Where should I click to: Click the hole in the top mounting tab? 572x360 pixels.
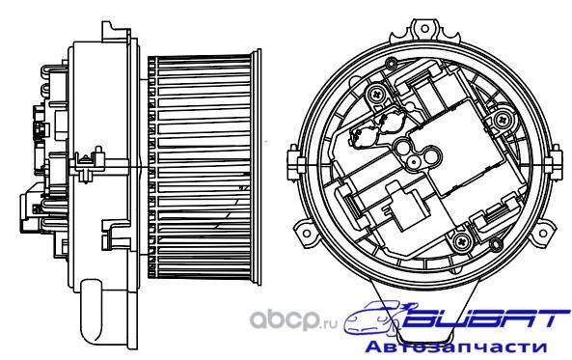[424, 29]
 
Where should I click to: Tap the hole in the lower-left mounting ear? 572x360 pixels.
[307, 233]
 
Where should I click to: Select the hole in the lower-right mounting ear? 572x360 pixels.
[543, 233]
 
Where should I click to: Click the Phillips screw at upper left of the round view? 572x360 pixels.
[375, 95]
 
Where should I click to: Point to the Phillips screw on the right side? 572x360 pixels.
[503, 119]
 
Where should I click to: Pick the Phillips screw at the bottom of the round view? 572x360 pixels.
[461, 240]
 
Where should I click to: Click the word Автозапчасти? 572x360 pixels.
[456, 346]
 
